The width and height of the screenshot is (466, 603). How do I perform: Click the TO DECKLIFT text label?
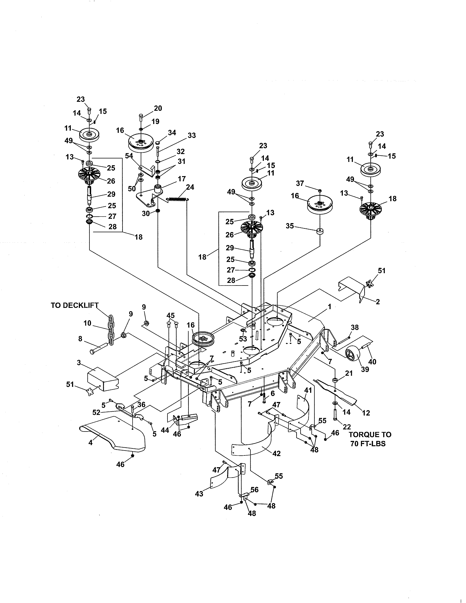[75, 305]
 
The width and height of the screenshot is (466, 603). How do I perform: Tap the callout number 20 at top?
[158, 108]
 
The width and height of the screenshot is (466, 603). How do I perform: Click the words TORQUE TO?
[370, 435]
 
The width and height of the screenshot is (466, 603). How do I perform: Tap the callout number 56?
[254, 490]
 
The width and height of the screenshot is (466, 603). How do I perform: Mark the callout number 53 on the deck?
[243, 339]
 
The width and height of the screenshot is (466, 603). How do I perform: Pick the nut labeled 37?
[320, 191]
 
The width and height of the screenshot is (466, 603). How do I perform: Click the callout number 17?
[182, 179]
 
